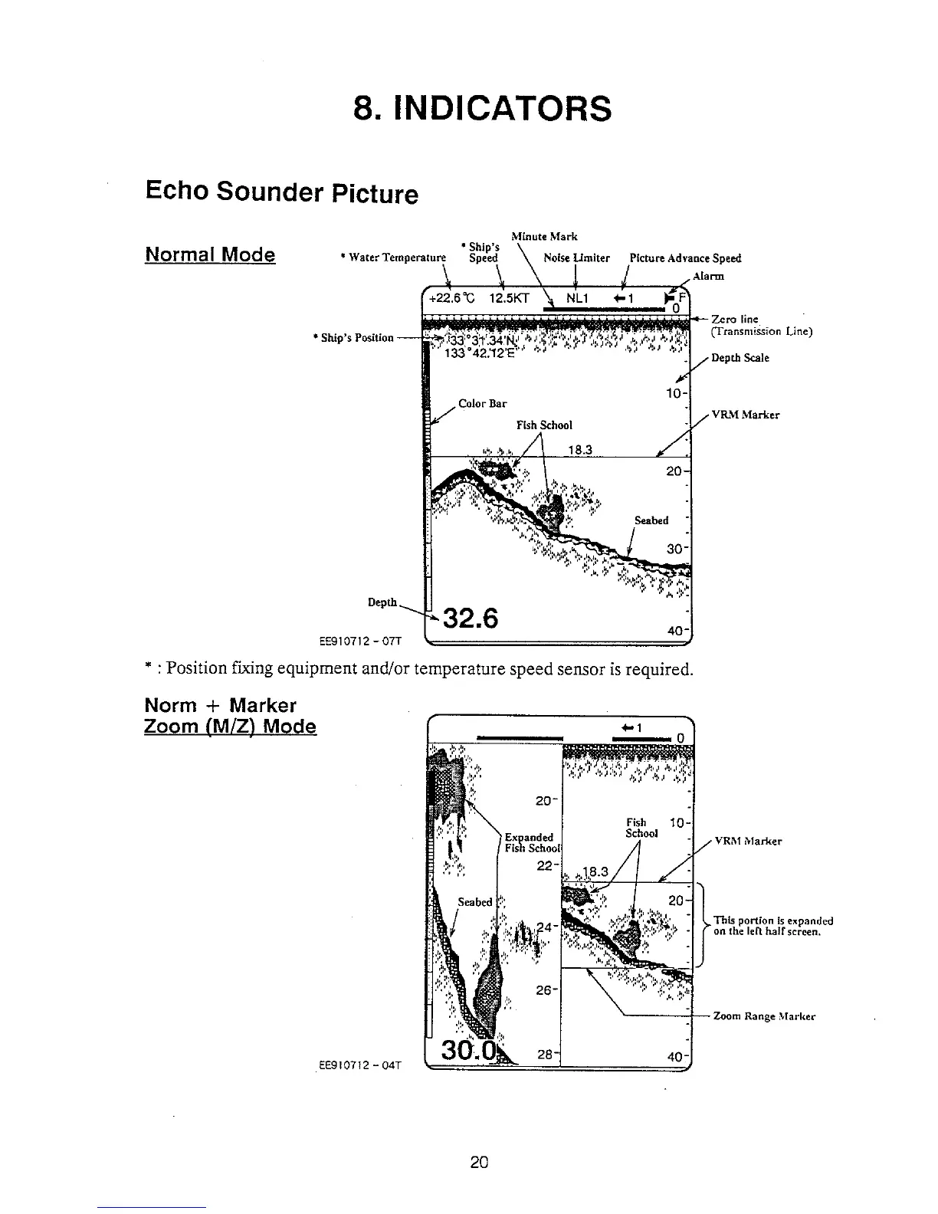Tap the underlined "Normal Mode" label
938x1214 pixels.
click(x=210, y=254)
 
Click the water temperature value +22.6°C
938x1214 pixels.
click(x=454, y=300)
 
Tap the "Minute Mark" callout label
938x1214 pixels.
click(x=544, y=236)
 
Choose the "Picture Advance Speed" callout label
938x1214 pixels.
click(x=685, y=258)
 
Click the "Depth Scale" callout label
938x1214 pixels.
click(x=740, y=358)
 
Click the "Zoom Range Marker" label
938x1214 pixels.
click(x=764, y=1016)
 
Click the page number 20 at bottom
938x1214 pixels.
click(x=480, y=1160)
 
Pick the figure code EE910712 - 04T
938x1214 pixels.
click(x=359, y=1064)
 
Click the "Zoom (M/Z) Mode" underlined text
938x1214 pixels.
click(x=230, y=726)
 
